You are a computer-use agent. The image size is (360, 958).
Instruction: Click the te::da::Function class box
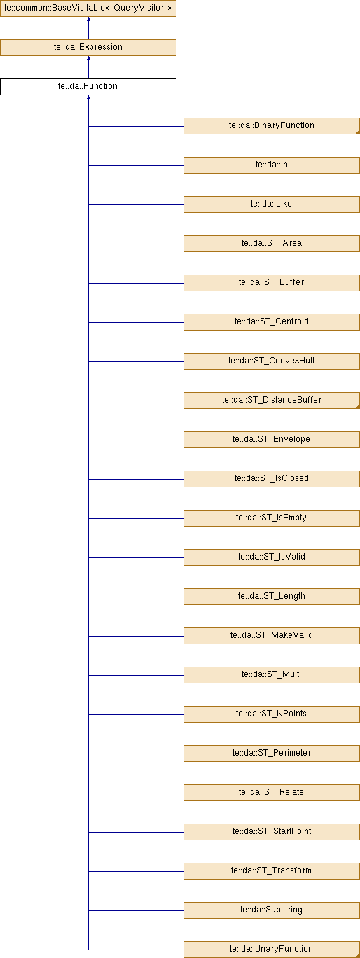pos(88,86)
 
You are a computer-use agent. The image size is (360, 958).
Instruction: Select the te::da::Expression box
pos(88,48)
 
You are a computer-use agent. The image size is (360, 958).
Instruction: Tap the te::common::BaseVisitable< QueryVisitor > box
pos(88,8)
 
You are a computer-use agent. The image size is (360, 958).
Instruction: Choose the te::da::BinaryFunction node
pos(272,126)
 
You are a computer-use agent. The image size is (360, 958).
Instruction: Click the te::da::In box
pos(272,165)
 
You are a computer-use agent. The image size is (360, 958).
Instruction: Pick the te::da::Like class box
pos(272,204)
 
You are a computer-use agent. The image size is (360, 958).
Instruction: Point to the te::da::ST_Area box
pos(272,243)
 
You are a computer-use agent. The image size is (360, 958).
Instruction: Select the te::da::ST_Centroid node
pos(272,322)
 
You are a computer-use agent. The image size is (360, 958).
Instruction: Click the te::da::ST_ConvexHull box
pos(272,361)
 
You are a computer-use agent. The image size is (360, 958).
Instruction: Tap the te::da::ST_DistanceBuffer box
pos(272,401)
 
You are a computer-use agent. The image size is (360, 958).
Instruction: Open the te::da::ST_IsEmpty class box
pos(272,518)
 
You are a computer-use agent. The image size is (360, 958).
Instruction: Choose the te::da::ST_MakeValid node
pos(272,636)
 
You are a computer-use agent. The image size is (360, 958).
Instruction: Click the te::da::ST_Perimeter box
pos(272,753)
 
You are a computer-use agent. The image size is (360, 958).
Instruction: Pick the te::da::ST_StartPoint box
pos(272,832)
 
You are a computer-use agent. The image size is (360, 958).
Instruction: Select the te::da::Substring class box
pos(272,910)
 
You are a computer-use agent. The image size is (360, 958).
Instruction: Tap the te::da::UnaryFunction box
pos(272,950)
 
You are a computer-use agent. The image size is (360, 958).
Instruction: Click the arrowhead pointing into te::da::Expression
pos(88,58)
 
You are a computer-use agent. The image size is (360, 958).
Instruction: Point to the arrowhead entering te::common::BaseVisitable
pos(88,19)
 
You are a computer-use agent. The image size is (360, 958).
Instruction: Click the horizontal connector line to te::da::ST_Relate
pos(136,793)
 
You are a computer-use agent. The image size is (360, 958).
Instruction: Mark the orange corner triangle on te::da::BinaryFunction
pos(358,132)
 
